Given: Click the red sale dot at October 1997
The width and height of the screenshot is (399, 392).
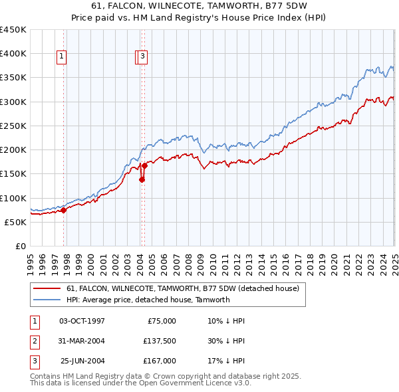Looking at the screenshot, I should click(64, 210).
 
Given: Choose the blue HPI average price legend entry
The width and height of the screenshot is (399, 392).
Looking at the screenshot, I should click(148, 300).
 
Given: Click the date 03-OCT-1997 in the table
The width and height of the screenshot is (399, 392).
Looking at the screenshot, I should click(82, 321).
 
